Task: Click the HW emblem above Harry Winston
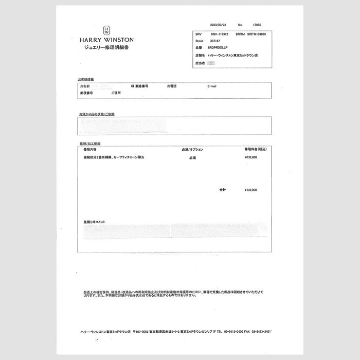pyautogui.click(x=106, y=30)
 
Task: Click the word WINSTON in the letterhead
pyautogui.click(x=116, y=40)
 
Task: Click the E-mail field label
pyautogui.click(x=212, y=86)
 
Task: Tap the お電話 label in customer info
pyautogui.click(x=172, y=86)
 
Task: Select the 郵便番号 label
pyautogui.click(x=86, y=93)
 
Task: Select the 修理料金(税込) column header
pyautogui.click(x=255, y=149)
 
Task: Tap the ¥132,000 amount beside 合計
pyautogui.click(x=251, y=190)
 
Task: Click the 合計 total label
pyautogui.click(x=222, y=190)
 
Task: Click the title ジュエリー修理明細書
pyautogui.click(x=106, y=47)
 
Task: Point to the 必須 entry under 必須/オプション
pyautogui.click(x=192, y=158)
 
